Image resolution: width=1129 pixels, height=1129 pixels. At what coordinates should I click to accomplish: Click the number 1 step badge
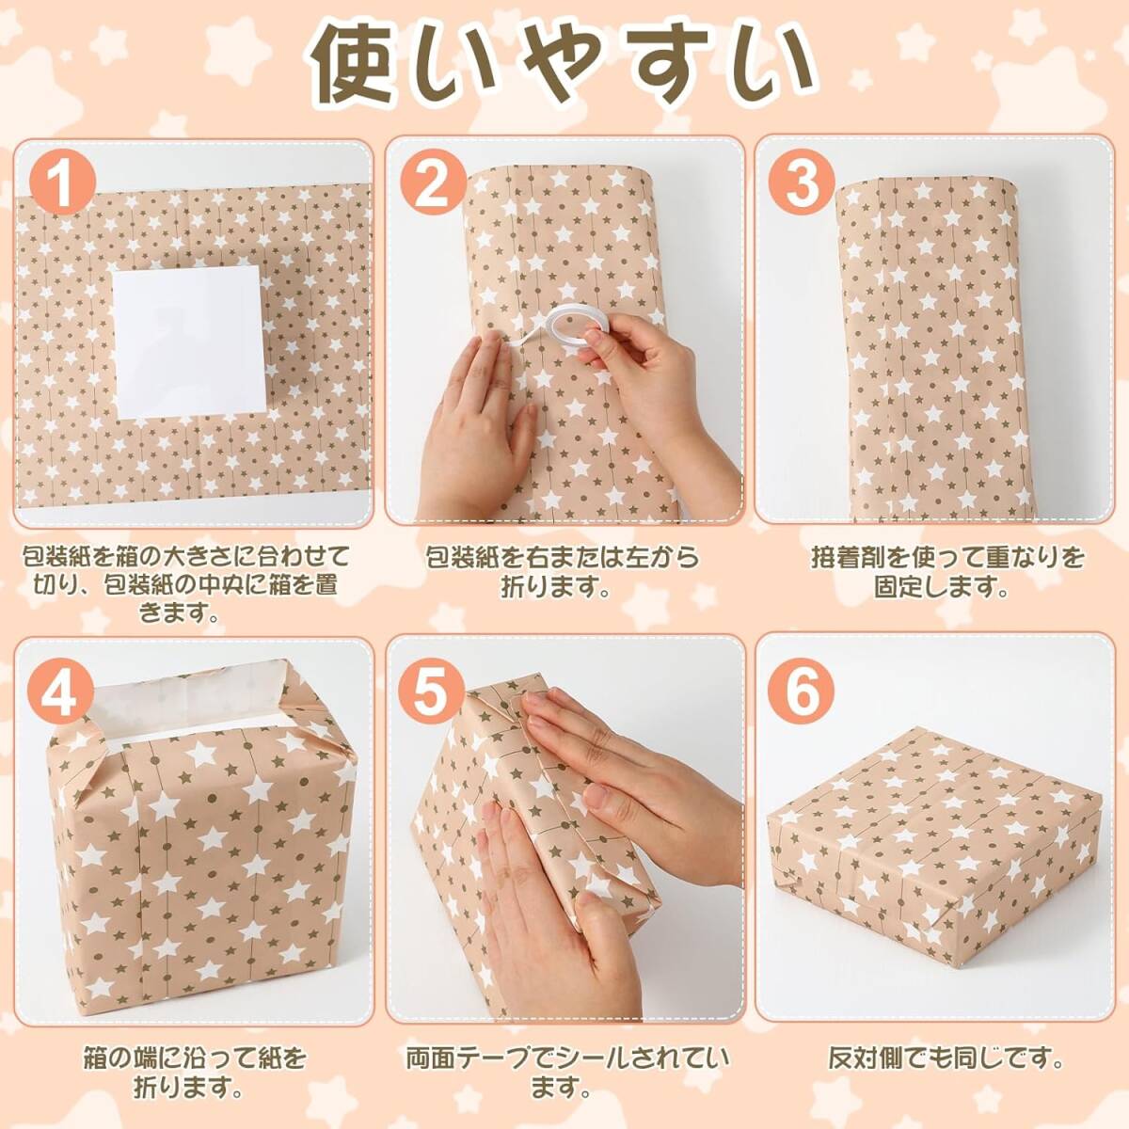pos(63,183)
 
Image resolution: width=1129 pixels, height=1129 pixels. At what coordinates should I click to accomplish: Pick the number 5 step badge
pos(433,695)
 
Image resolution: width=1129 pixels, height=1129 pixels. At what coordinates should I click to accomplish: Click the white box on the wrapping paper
pos(189,342)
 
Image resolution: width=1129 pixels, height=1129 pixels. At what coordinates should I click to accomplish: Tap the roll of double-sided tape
pos(564,326)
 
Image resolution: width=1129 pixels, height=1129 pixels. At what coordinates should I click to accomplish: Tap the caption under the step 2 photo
pos(562,571)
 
